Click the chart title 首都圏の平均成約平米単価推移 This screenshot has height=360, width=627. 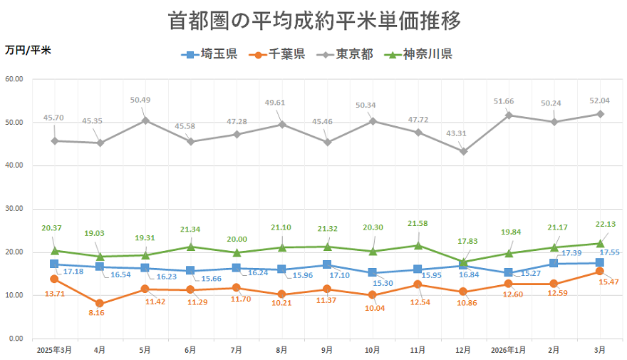[313, 20]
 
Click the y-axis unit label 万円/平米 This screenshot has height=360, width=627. [28, 50]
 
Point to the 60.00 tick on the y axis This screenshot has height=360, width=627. [14, 79]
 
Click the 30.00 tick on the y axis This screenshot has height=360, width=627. [14, 209]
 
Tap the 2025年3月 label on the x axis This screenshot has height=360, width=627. [54, 350]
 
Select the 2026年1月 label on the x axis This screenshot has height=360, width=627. [509, 350]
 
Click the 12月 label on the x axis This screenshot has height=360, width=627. [463, 350]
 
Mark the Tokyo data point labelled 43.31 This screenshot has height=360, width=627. [464, 151]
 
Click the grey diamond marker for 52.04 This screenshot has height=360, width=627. [600, 114]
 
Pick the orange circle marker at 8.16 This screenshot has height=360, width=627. [100, 304]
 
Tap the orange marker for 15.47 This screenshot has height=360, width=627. [600, 272]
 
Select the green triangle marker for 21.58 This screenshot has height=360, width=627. [418, 245]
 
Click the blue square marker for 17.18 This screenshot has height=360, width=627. [54, 264]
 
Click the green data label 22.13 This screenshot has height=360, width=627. [606, 224]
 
